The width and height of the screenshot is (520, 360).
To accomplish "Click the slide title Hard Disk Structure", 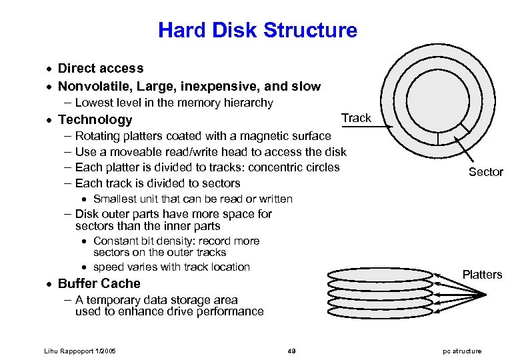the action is click(257, 30).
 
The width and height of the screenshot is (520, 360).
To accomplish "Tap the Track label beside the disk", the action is click(356, 118).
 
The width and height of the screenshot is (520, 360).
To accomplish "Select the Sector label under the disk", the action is click(485, 172).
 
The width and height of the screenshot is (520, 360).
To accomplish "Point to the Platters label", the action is click(482, 275).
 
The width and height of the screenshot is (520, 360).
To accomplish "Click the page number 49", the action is click(291, 351).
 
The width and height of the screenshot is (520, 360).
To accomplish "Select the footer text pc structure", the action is click(461, 351).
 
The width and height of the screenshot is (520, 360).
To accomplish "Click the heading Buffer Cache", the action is click(99, 283).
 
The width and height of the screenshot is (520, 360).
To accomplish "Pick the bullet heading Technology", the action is click(95, 120).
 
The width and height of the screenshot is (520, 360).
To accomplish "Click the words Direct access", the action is click(101, 68).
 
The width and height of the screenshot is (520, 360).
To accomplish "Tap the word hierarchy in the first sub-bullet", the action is click(249, 103).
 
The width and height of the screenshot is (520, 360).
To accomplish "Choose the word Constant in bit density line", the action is click(115, 241).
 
